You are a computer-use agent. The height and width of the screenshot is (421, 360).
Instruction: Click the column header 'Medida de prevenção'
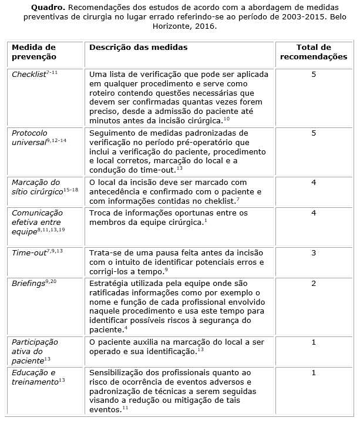click(33, 52)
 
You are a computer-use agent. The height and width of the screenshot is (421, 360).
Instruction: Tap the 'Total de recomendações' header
click(313, 52)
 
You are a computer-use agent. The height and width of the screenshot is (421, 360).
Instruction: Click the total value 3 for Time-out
click(314, 252)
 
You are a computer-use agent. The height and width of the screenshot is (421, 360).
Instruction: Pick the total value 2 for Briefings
click(314, 284)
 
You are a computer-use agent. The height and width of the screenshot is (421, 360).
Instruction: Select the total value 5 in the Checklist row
click(314, 75)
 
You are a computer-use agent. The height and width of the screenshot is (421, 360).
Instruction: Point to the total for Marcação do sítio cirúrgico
click(314, 183)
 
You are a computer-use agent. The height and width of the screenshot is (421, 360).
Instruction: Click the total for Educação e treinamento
click(314, 372)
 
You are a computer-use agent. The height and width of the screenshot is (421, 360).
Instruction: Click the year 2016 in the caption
click(200, 26)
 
